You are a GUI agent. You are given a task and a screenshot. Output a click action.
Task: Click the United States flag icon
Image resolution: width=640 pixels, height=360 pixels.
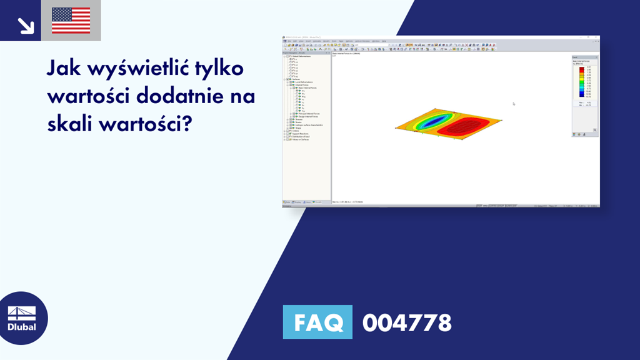click(71, 21)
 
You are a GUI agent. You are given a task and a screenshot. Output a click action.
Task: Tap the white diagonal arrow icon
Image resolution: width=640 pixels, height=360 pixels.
click(26, 25)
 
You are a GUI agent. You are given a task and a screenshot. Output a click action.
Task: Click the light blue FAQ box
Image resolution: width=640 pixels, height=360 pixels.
click(317, 323)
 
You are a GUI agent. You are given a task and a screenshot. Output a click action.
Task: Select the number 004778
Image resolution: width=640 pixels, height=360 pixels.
click(407, 323)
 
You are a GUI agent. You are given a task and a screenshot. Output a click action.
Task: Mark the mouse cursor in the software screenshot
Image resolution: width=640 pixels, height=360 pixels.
click(514, 104)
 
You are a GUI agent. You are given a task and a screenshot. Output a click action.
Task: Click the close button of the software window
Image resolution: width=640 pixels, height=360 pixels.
click(597, 38)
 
